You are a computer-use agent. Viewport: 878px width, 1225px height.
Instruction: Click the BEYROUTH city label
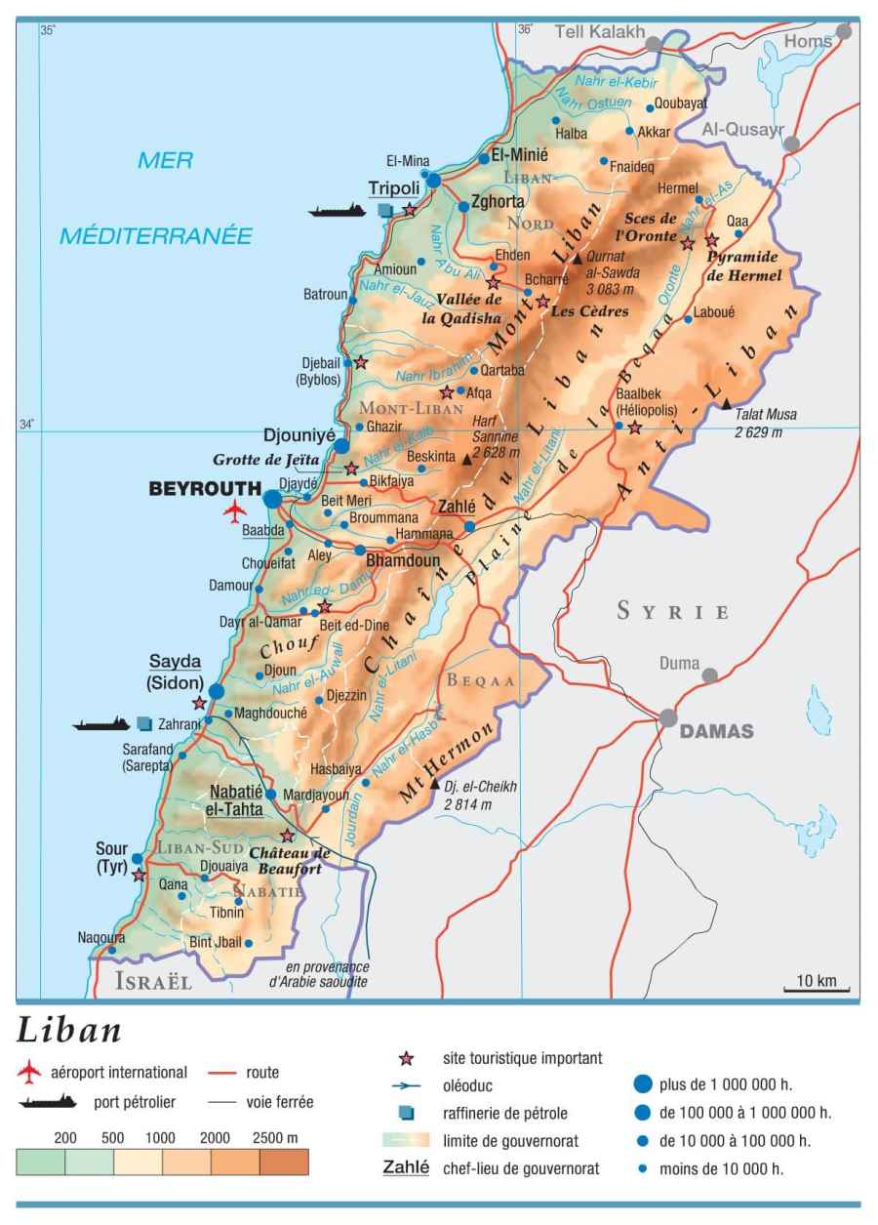click(205, 488)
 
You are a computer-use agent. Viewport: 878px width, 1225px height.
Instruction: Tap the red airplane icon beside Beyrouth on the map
click(234, 511)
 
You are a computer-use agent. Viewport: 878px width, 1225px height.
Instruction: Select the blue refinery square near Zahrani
click(144, 723)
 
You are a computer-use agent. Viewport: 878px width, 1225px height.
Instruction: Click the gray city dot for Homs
click(844, 31)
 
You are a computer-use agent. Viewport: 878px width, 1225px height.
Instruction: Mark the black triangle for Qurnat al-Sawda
click(577, 259)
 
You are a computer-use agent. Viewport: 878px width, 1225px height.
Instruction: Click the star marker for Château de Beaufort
click(287, 836)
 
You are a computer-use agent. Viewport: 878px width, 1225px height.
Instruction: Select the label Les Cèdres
click(589, 311)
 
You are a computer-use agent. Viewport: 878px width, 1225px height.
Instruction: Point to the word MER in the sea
click(165, 161)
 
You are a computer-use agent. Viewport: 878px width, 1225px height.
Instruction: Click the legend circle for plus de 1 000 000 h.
click(642, 1082)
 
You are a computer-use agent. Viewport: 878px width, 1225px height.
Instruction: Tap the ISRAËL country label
click(153, 981)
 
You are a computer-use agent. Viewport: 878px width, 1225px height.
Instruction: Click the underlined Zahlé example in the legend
click(407, 1167)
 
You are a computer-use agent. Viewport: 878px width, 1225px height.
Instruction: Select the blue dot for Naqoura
click(112, 949)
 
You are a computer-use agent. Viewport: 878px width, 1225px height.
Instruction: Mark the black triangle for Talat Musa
click(726, 403)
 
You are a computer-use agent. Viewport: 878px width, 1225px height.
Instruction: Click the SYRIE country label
click(673, 612)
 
